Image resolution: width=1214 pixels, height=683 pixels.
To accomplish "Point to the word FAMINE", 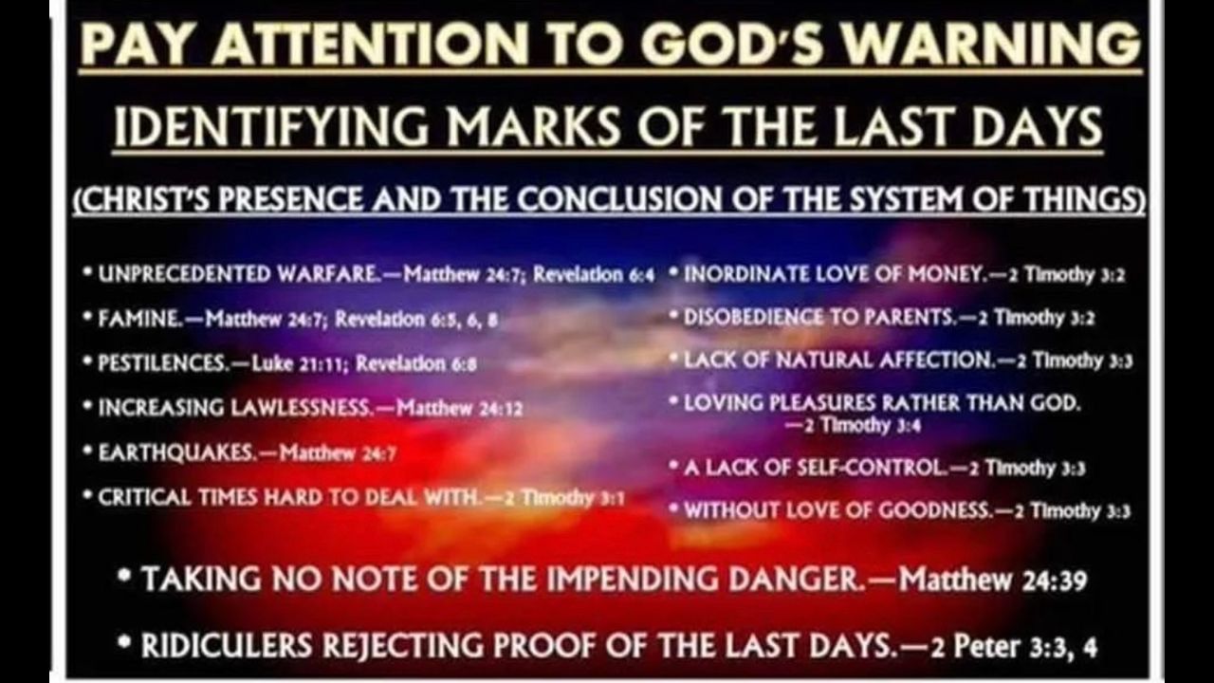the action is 139,319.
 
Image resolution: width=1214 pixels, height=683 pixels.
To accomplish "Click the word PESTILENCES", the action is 164,362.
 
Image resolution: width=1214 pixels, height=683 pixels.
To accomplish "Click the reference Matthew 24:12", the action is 460,408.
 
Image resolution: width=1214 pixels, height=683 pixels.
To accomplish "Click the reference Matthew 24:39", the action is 993,580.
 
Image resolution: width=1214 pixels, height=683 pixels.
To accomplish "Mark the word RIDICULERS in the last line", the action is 227,646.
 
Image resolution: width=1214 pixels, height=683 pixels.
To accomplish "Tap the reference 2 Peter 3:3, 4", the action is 1014,646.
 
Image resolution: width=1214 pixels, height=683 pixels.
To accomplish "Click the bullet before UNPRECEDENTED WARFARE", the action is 87,271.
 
